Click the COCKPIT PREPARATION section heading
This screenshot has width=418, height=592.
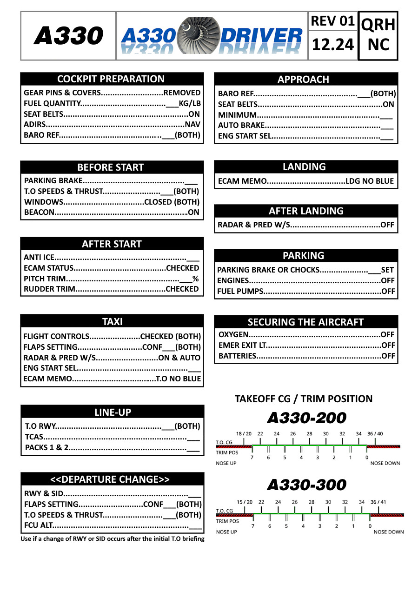click(x=111, y=79)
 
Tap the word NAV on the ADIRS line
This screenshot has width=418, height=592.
click(x=192, y=125)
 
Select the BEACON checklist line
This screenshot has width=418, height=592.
click(x=112, y=213)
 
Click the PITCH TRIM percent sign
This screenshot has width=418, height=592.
click(x=196, y=279)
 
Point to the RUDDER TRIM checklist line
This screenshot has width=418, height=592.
click(x=112, y=289)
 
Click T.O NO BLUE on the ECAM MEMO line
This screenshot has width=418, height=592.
click(x=179, y=379)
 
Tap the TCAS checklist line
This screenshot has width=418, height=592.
click(x=112, y=437)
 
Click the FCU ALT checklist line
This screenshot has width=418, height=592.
click(x=112, y=525)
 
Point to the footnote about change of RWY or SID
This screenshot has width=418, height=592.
click(x=113, y=539)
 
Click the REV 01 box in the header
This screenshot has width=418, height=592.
click(x=332, y=21)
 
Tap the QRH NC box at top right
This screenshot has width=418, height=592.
click(x=378, y=35)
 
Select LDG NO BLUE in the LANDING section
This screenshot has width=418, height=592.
click(x=370, y=181)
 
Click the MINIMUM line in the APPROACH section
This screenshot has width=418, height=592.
click(x=305, y=115)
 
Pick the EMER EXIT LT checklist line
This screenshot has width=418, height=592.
click(x=306, y=345)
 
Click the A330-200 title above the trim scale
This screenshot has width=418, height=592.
click(x=306, y=418)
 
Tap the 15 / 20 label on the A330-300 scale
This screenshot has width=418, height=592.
click(x=245, y=502)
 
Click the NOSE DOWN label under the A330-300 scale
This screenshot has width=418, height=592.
click(x=389, y=532)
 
